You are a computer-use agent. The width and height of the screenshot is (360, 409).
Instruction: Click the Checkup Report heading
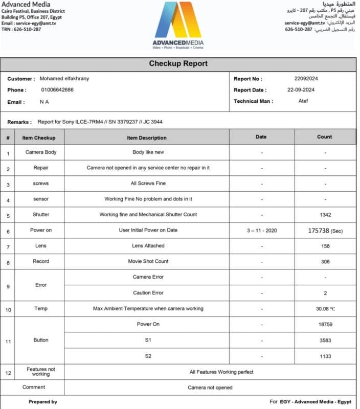pos(178,64)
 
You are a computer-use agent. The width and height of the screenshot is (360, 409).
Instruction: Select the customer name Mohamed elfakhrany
pos(64,79)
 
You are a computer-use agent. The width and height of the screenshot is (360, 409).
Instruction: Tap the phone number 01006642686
pos(57,90)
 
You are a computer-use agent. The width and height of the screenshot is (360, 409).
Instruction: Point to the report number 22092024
pos(307,79)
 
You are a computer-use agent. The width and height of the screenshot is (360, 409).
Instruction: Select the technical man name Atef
pos(304,101)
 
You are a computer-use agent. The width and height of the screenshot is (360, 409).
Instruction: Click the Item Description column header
pos(147,138)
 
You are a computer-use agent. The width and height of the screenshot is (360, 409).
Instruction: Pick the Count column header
pos(324,137)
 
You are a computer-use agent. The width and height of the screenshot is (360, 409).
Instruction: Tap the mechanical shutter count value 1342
pos(324,215)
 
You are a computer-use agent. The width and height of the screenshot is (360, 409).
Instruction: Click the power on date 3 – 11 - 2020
pos(262,231)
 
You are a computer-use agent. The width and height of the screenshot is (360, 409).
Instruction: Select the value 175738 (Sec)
pos(325,231)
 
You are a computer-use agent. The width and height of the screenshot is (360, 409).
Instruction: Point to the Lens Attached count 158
pos(324,246)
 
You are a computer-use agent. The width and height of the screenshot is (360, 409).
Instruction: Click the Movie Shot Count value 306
pos(324,261)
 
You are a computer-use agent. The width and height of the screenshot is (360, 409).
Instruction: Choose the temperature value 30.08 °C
pos(324,308)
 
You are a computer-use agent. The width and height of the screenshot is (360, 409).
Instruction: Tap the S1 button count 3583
pos(324,340)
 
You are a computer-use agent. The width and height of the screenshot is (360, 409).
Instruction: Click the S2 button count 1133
pos(324,356)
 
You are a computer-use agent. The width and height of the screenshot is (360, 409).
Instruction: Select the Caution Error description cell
pos(148,293)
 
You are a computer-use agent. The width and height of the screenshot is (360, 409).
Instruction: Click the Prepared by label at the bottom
pos(43,402)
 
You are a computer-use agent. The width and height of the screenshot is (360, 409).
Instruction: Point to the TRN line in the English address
pos(21,29)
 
